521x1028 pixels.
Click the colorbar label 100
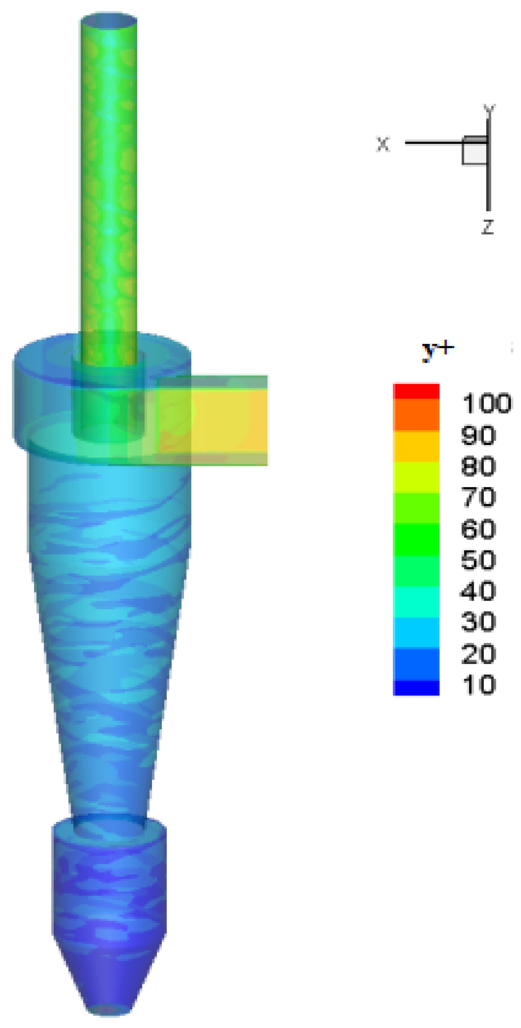pyautogui.click(x=487, y=404)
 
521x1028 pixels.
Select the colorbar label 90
pyautogui.click(x=479, y=435)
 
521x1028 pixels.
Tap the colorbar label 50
pyautogui.click(x=479, y=560)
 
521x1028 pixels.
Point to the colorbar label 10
pyautogui.click(x=479, y=685)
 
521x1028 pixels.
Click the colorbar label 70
pyautogui.click(x=479, y=497)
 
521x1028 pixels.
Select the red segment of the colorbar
pyautogui.click(x=416, y=391)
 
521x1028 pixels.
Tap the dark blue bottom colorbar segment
pyautogui.click(x=416, y=688)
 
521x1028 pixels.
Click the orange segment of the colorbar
pyautogui.click(x=416, y=415)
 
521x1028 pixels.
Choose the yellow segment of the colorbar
pyautogui.click(x=416, y=446)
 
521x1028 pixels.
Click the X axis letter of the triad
pyautogui.click(x=383, y=144)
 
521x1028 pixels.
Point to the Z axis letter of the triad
pyautogui.click(x=488, y=227)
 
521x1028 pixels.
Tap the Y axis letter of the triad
pyautogui.click(x=489, y=109)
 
